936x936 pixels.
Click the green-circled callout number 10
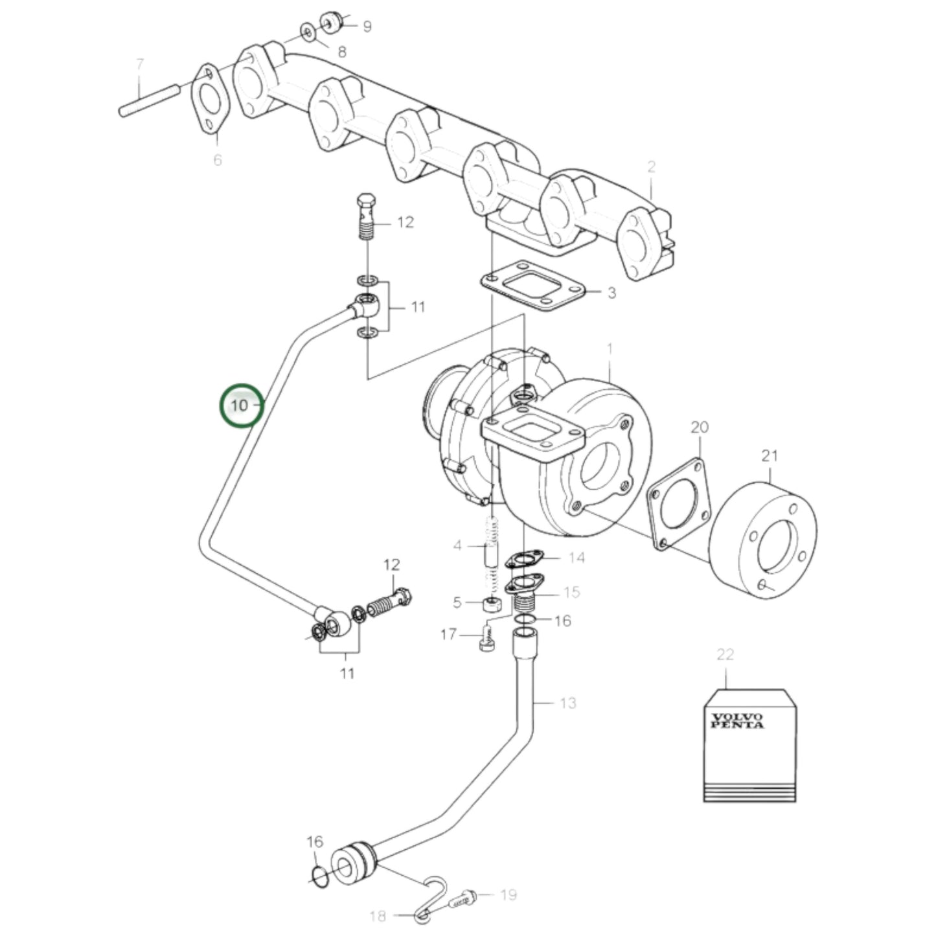[240, 405]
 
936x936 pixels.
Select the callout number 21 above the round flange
[769, 455]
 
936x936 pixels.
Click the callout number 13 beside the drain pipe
[567, 703]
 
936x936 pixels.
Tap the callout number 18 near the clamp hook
[378, 916]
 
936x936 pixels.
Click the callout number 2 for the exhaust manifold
[651, 166]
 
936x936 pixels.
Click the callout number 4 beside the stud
[457, 546]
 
